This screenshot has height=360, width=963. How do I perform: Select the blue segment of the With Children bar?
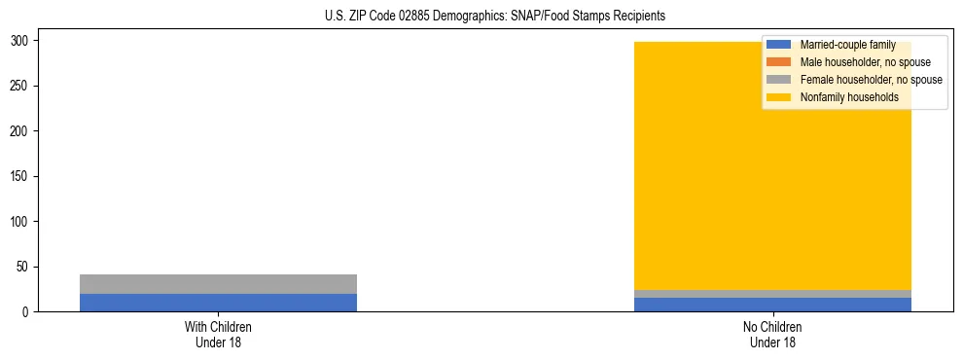pos(218,302)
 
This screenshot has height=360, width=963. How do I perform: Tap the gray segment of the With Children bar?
pos(218,283)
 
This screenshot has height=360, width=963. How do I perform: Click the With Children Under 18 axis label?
pos(218,335)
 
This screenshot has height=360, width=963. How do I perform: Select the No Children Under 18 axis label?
pos(772,335)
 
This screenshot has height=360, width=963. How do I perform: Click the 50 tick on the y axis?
pos(27,267)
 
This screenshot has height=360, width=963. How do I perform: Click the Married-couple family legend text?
pos(847,45)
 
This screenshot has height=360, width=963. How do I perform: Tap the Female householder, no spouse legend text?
pos(871,80)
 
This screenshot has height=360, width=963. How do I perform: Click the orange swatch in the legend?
pos(778,62)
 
